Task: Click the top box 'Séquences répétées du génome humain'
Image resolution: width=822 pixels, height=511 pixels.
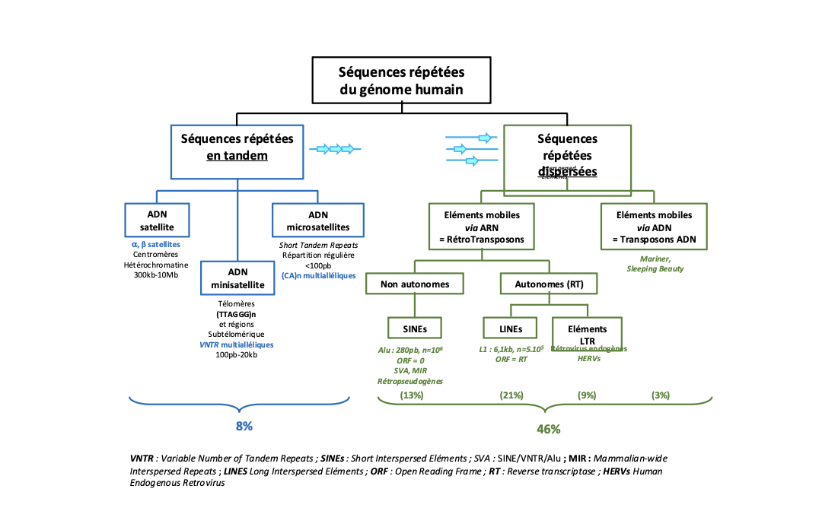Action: (401, 81)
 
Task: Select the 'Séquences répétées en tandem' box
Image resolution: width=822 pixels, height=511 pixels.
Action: (237, 147)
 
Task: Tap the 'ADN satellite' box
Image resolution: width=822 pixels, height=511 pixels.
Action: (156, 220)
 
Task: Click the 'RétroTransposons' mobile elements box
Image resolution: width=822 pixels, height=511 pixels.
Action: (482, 227)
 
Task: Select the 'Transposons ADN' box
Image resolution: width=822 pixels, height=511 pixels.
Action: (654, 227)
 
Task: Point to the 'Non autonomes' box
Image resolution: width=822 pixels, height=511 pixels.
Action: (414, 284)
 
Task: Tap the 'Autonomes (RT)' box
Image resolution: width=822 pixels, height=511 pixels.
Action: (548, 284)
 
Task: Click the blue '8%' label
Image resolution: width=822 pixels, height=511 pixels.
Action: (244, 426)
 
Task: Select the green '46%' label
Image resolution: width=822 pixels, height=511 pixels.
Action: (548, 429)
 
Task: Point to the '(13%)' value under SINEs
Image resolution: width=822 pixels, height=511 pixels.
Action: (411, 395)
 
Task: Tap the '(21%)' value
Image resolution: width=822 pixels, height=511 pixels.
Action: (511, 395)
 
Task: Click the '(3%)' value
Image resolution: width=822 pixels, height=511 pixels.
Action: (660, 395)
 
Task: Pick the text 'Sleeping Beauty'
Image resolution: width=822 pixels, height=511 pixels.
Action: (655, 268)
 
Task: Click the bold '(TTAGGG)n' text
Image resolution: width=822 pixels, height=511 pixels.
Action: (236, 313)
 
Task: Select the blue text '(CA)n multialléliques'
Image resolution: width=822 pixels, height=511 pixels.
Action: (318, 275)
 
